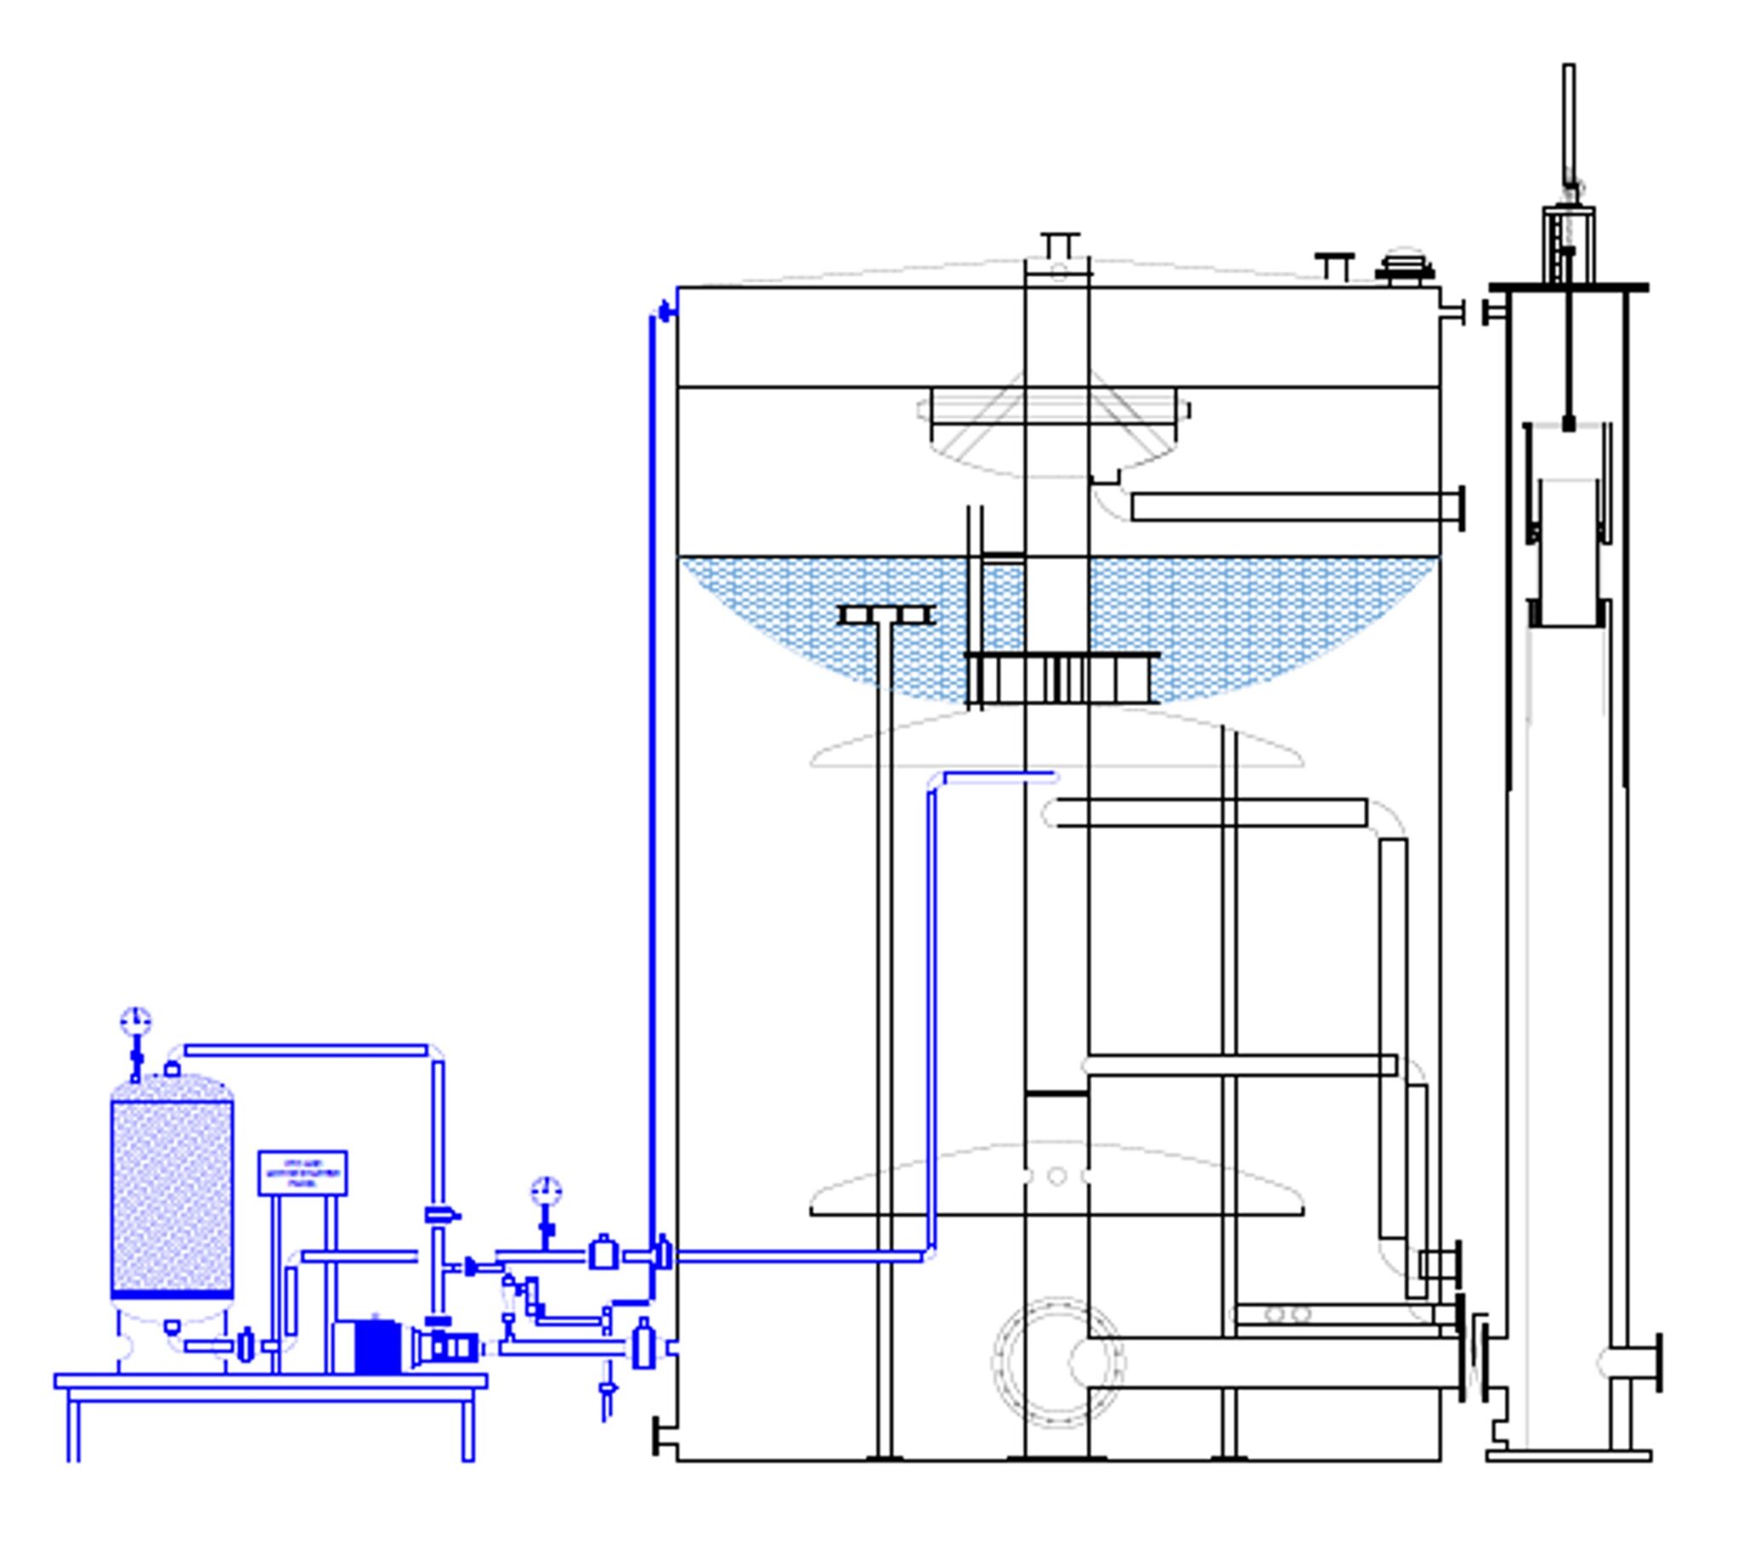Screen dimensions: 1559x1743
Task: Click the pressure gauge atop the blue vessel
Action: (135, 1021)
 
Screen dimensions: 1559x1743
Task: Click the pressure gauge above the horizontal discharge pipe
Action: (546, 1191)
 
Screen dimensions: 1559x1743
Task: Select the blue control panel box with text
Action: (302, 1173)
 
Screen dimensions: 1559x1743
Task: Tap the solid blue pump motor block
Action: (376, 1346)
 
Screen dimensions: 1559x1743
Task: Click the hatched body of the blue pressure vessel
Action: (171, 1195)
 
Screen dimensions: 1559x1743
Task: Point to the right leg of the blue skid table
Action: (468, 1429)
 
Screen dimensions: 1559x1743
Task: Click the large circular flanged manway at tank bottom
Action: (1056, 1362)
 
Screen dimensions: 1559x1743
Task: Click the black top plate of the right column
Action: (1569, 287)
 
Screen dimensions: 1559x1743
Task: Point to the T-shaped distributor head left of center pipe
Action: (885, 615)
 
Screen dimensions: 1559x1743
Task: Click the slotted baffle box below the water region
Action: (1063, 679)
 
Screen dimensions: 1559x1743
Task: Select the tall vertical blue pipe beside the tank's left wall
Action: (652, 771)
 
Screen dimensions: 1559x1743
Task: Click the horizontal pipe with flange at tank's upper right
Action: (1294, 507)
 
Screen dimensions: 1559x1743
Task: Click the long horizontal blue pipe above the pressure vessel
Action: (306, 1050)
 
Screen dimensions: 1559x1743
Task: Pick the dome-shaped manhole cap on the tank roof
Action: (1404, 266)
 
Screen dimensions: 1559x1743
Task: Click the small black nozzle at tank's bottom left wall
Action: (661, 1436)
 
